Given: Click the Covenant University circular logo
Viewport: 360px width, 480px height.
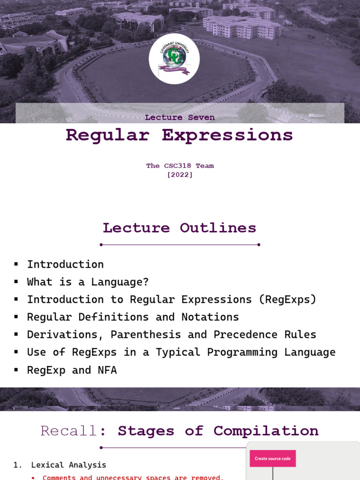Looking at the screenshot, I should (x=174, y=59).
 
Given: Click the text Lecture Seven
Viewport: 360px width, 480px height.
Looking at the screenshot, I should (x=180, y=117).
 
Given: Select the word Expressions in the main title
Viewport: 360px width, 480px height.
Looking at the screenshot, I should (x=227, y=135).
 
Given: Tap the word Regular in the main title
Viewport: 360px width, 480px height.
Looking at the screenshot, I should (x=107, y=135).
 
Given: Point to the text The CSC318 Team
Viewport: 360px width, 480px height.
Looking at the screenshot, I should (x=180, y=165).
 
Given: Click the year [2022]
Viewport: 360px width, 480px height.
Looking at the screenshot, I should (x=180, y=175).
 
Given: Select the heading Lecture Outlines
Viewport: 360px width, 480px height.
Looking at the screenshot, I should (x=180, y=228).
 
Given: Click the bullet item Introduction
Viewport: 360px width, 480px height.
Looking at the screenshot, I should (x=65, y=264).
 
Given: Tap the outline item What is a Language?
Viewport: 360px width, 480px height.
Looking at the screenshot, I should (x=88, y=282).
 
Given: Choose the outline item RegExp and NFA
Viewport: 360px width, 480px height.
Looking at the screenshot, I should (x=72, y=370).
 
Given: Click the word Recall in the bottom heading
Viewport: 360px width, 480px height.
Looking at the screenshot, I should (x=69, y=431).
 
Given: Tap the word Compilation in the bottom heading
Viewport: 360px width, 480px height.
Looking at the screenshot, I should (x=266, y=431).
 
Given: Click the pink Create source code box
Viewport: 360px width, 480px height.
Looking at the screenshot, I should (x=273, y=458).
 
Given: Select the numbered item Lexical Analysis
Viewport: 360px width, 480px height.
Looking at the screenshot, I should (x=68, y=465).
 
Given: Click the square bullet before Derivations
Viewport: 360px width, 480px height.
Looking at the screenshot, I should (x=16, y=335).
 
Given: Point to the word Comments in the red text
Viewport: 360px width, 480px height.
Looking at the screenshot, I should (x=59, y=477).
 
